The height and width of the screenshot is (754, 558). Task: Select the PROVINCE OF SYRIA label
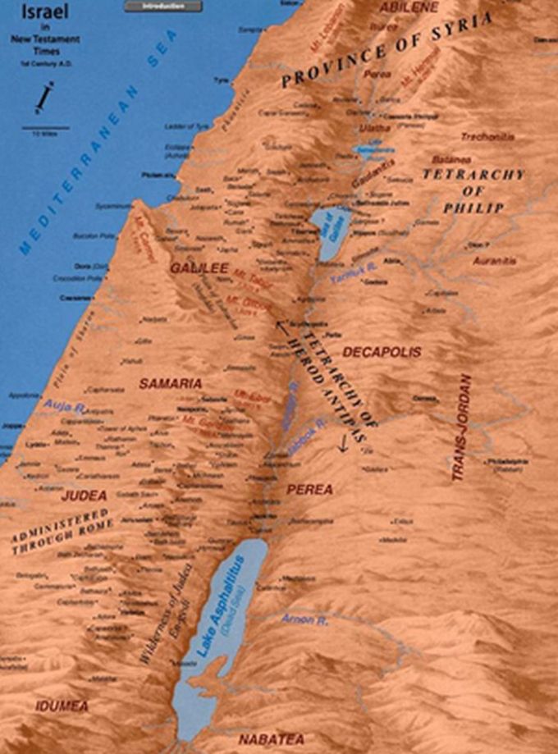point(386,51)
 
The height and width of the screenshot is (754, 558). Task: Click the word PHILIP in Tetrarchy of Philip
point(473,208)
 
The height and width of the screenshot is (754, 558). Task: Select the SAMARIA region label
point(170,383)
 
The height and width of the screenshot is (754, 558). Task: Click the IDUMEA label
point(62,706)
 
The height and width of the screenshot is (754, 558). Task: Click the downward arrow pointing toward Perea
point(341,442)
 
